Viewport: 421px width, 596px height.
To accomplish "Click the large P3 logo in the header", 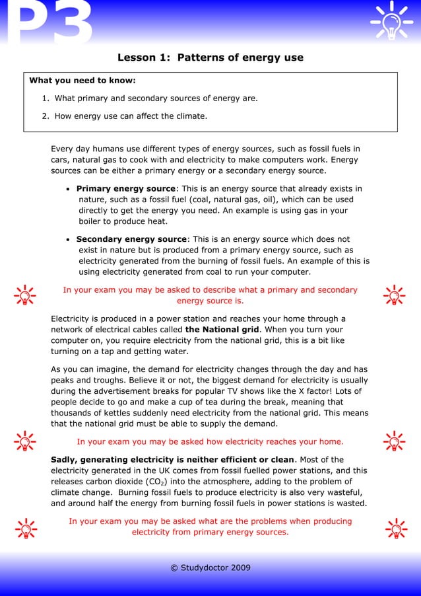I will tap(46, 24).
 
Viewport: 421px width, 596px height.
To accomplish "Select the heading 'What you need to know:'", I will tap(82, 81).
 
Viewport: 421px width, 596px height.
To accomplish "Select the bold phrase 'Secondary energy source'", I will tap(132, 239).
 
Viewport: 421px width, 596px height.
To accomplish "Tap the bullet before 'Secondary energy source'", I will tap(69, 239).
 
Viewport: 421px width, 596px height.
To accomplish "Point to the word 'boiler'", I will tap(92, 221).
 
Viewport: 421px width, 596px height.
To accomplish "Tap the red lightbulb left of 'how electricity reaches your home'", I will tap(25, 441).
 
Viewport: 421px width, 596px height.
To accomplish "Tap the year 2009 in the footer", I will tap(239, 568).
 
